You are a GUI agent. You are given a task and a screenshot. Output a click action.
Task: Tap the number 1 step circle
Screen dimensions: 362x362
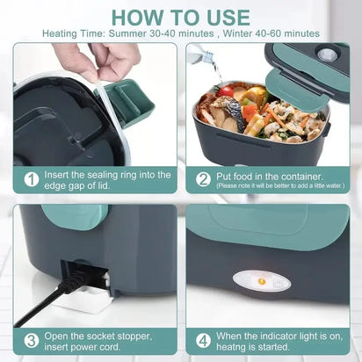point(31,179)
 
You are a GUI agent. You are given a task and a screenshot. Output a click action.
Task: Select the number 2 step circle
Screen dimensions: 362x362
point(203,179)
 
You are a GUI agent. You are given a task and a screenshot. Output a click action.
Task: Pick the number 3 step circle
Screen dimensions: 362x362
point(31,340)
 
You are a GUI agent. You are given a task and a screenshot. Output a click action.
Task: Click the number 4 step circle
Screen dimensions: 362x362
point(203,340)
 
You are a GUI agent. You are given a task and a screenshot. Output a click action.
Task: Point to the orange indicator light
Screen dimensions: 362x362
point(261,281)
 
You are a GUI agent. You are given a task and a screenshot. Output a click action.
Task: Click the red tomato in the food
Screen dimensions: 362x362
point(227,90)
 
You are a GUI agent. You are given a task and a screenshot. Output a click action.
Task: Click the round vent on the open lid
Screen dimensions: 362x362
point(328,54)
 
